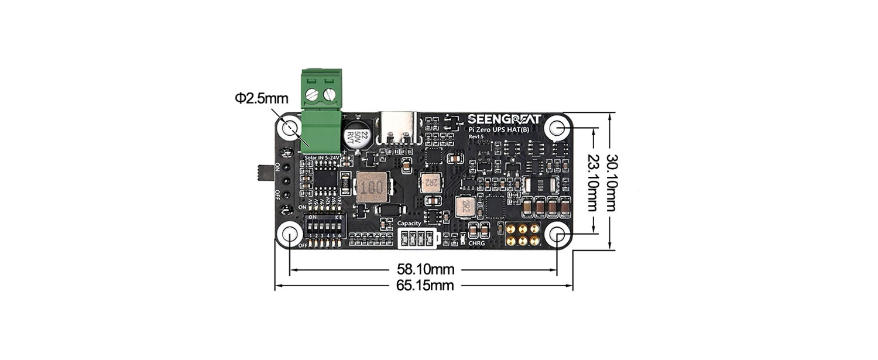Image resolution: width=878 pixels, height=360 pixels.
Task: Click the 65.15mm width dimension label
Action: [x=425, y=286]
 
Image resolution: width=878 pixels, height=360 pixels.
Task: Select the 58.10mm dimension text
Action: [x=425, y=270]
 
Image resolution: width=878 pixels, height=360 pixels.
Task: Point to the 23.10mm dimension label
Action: [x=593, y=182]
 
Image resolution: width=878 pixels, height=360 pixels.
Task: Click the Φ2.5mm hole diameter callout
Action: [x=258, y=98]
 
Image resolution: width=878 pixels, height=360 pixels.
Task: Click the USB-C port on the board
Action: [x=401, y=129]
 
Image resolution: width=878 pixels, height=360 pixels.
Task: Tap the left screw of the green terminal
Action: [x=312, y=92]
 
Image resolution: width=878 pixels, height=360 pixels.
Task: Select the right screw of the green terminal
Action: [x=330, y=93]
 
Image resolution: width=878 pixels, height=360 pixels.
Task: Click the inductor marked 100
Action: [x=371, y=189]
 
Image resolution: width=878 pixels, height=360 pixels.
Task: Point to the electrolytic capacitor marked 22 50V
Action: [x=356, y=135]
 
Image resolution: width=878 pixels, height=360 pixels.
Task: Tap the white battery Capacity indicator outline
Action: [x=416, y=238]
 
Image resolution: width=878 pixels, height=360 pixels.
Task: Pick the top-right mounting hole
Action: [x=557, y=128]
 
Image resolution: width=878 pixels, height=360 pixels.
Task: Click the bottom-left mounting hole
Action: [x=290, y=234]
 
